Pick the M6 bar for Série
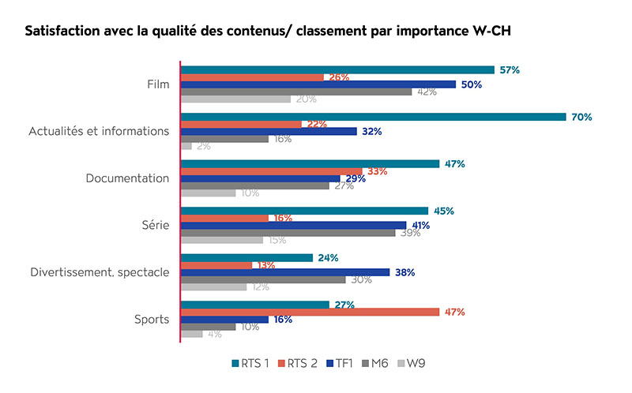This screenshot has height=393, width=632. [288, 233]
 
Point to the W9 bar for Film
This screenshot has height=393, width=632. [236, 99]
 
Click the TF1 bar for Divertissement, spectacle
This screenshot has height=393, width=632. [285, 272]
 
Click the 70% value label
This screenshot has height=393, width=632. [581, 117]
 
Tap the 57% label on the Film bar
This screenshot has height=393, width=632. [509, 69]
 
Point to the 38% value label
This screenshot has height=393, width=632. [405, 272]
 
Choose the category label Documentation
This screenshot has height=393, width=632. [127, 178]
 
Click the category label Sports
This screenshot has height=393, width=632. [152, 320]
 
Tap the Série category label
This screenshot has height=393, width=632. [154, 226]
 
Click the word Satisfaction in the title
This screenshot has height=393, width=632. [67, 32]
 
